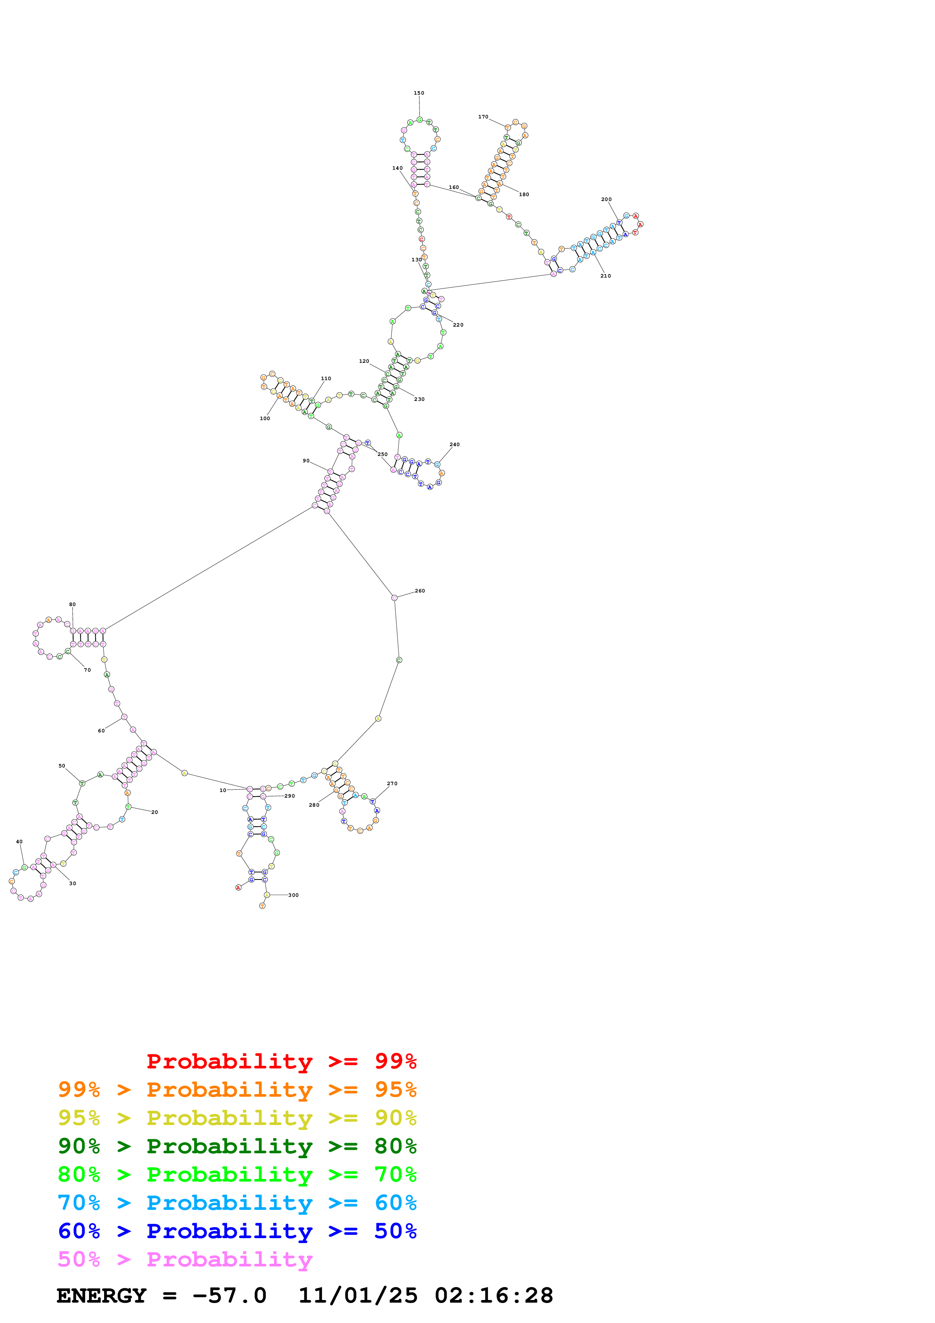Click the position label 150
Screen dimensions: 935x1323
pyautogui.click(x=419, y=93)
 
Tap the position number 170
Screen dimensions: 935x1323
pyautogui.click(x=483, y=117)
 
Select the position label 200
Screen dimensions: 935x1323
pyautogui.click(x=606, y=200)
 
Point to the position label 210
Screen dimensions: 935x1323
pyautogui.click(x=605, y=276)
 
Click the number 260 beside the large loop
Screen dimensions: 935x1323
pyautogui.click(x=420, y=591)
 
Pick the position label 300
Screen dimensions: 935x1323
pyautogui.click(x=293, y=895)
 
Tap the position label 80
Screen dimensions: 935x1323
pyautogui.click(x=72, y=605)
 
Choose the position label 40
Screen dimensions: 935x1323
pyautogui.click(x=19, y=841)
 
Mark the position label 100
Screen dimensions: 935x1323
pyautogui.click(x=264, y=418)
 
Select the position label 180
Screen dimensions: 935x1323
pyautogui.click(x=524, y=194)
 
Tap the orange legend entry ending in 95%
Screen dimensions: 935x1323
pyautogui.click(x=237, y=1089)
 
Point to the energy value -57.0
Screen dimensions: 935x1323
pyautogui.click(x=229, y=1295)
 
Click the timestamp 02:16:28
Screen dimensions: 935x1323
pyautogui.click(x=494, y=1295)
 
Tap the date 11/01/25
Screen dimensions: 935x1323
pyautogui.click(x=358, y=1295)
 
